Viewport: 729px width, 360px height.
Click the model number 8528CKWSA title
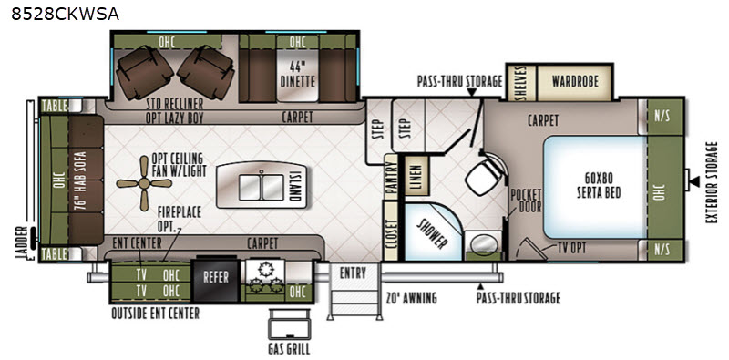(x=65, y=15)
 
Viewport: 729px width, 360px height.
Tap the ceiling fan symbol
(x=144, y=183)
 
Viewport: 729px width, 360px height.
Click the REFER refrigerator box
(x=216, y=278)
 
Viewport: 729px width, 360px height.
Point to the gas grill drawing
(x=288, y=324)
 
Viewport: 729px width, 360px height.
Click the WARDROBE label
(x=575, y=81)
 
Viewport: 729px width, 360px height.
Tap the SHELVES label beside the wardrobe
(x=521, y=82)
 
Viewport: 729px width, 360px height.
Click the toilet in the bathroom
(x=487, y=176)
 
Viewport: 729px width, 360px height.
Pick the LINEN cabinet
(x=416, y=175)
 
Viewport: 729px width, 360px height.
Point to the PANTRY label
(x=391, y=177)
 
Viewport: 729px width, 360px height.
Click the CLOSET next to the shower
(x=391, y=231)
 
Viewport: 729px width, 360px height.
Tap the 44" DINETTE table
(x=298, y=75)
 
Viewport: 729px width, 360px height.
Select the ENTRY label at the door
(x=353, y=273)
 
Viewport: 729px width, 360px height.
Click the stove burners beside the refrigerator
(x=265, y=278)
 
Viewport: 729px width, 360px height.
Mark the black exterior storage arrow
(x=693, y=181)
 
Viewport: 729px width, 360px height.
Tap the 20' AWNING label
(x=412, y=298)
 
